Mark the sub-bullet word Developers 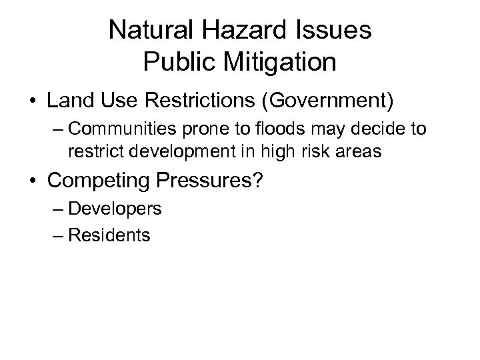pyautogui.click(x=115, y=209)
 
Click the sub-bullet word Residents pyautogui.click(x=109, y=235)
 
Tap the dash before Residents pyautogui.click(x=58, y=235)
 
